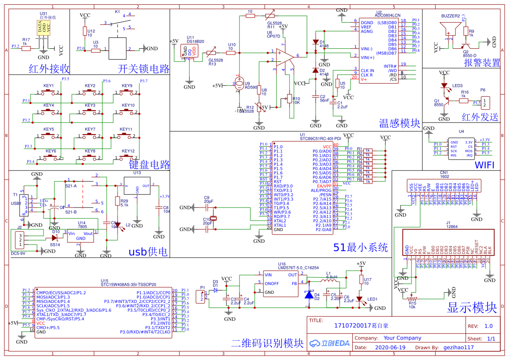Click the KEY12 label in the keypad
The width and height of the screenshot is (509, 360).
pos(128,151)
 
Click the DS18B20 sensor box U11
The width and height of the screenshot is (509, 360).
pos(192,50)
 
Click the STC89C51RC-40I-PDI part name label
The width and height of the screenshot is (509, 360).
pos(320,139)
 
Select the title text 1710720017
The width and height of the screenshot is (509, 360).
pos(352,326)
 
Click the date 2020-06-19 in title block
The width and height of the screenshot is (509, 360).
pos(390,347)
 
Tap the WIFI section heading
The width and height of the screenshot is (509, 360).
pos(485,165)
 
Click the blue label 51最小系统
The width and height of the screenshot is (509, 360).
pos(360,248)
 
